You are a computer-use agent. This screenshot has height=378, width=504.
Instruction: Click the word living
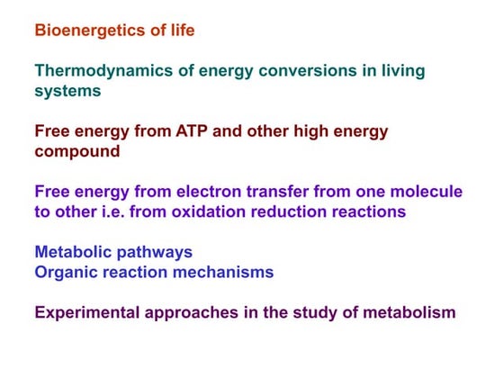401,71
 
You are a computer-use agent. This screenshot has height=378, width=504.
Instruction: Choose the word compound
77,151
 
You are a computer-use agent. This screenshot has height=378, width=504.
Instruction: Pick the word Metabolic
73,253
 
